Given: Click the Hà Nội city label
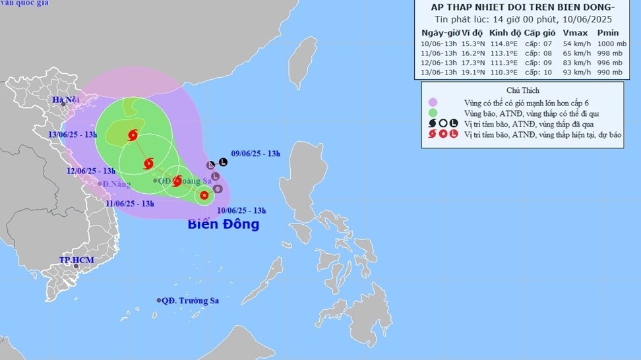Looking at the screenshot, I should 66,100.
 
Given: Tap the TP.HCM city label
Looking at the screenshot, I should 76,260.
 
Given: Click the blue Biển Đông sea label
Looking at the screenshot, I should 224,224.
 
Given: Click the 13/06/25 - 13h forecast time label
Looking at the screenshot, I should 73,135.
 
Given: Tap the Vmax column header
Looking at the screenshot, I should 574,32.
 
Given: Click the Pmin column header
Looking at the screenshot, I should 607,32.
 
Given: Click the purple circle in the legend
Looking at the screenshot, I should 433,102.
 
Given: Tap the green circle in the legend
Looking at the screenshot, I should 433,113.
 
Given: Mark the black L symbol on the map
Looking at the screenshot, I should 223,162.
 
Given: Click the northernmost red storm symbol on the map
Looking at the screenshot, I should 133,136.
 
